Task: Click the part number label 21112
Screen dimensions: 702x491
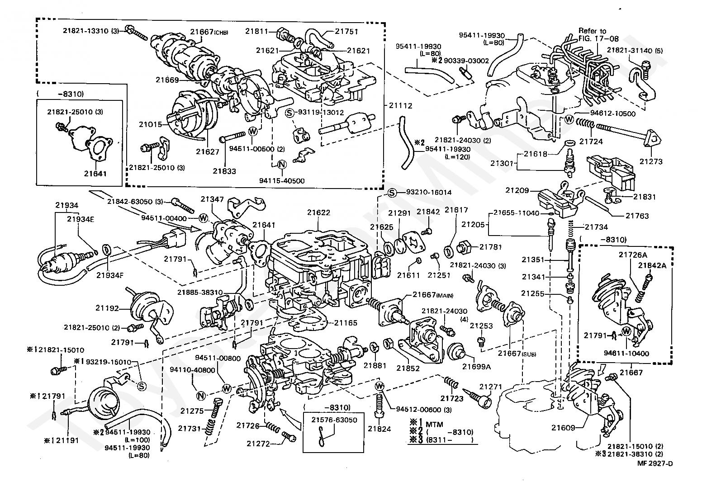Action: [x=400, y=106]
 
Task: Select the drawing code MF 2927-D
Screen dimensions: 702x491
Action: [x=655, y=463]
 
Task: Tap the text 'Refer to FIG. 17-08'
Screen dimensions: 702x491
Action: [x=598, y=35]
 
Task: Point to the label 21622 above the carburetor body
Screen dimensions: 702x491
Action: [x=319, y=212]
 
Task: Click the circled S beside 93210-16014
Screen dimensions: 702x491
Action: [x=392, y=193]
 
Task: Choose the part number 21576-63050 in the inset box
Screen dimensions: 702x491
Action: [x=334, y=420]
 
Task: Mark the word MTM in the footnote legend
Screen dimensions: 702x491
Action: [x=435, y=425]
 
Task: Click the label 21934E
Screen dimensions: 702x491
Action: [x=81, y=219]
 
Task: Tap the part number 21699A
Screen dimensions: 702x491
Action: [x=477, y=367]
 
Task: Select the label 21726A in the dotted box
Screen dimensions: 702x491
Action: [x=633, y=255]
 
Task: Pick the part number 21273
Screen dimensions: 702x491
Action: [x=651, y=162]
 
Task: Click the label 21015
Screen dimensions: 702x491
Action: [x=151, y=124]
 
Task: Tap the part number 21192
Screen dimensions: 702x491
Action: [x=107, y=308]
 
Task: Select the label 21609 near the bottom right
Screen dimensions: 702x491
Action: [x=563, y=428]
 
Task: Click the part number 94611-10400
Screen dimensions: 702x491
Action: [x=626, y=354]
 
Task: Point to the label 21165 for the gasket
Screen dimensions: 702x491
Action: [x=346, y=323]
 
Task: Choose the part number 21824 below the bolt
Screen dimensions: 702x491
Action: [x=379, y=429]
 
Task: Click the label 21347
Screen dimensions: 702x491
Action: [x=212, y=199]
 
